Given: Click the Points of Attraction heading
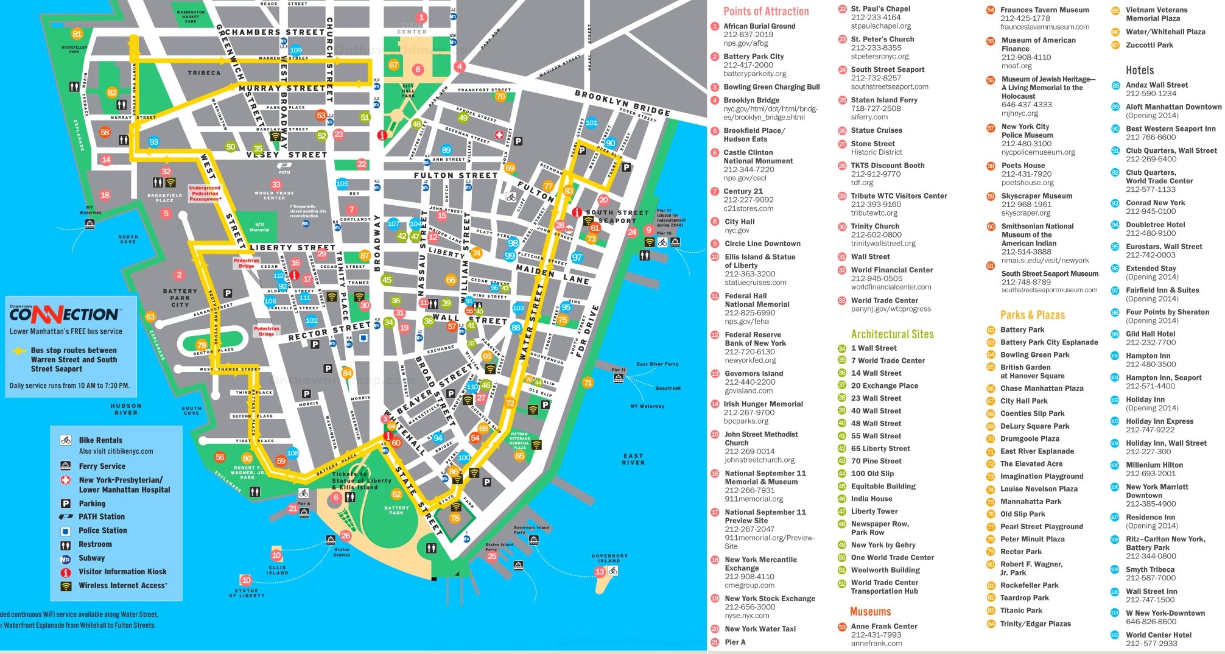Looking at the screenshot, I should [x=765, y=12].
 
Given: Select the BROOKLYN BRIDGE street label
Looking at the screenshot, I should [x=622, y=103].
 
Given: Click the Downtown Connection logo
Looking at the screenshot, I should [x=64, y=314].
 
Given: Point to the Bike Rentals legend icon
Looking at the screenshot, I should [x=66, y=440].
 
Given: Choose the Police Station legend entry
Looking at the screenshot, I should [x=102, y=530].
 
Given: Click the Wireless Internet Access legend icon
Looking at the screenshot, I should [x=66, y=586].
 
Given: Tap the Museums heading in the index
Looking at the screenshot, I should [x=870, y=611].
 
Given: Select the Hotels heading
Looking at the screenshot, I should [x=1139, y=70].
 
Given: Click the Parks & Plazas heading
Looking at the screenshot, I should [x=1032, y=315].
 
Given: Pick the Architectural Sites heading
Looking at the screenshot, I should [x=892, y=334].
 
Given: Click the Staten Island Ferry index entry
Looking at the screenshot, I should [x=883, y=100].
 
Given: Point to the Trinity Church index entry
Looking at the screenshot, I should [x=876, y=226].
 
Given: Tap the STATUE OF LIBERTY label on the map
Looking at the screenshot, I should [x=247, y=592].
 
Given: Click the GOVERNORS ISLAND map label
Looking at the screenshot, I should [x=609, y=558].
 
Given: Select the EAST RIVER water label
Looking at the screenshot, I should [x=633, y=459].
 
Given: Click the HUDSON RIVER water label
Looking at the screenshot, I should [x=126, y=409].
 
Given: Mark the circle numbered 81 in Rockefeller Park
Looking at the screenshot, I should [x=77, y=34].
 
